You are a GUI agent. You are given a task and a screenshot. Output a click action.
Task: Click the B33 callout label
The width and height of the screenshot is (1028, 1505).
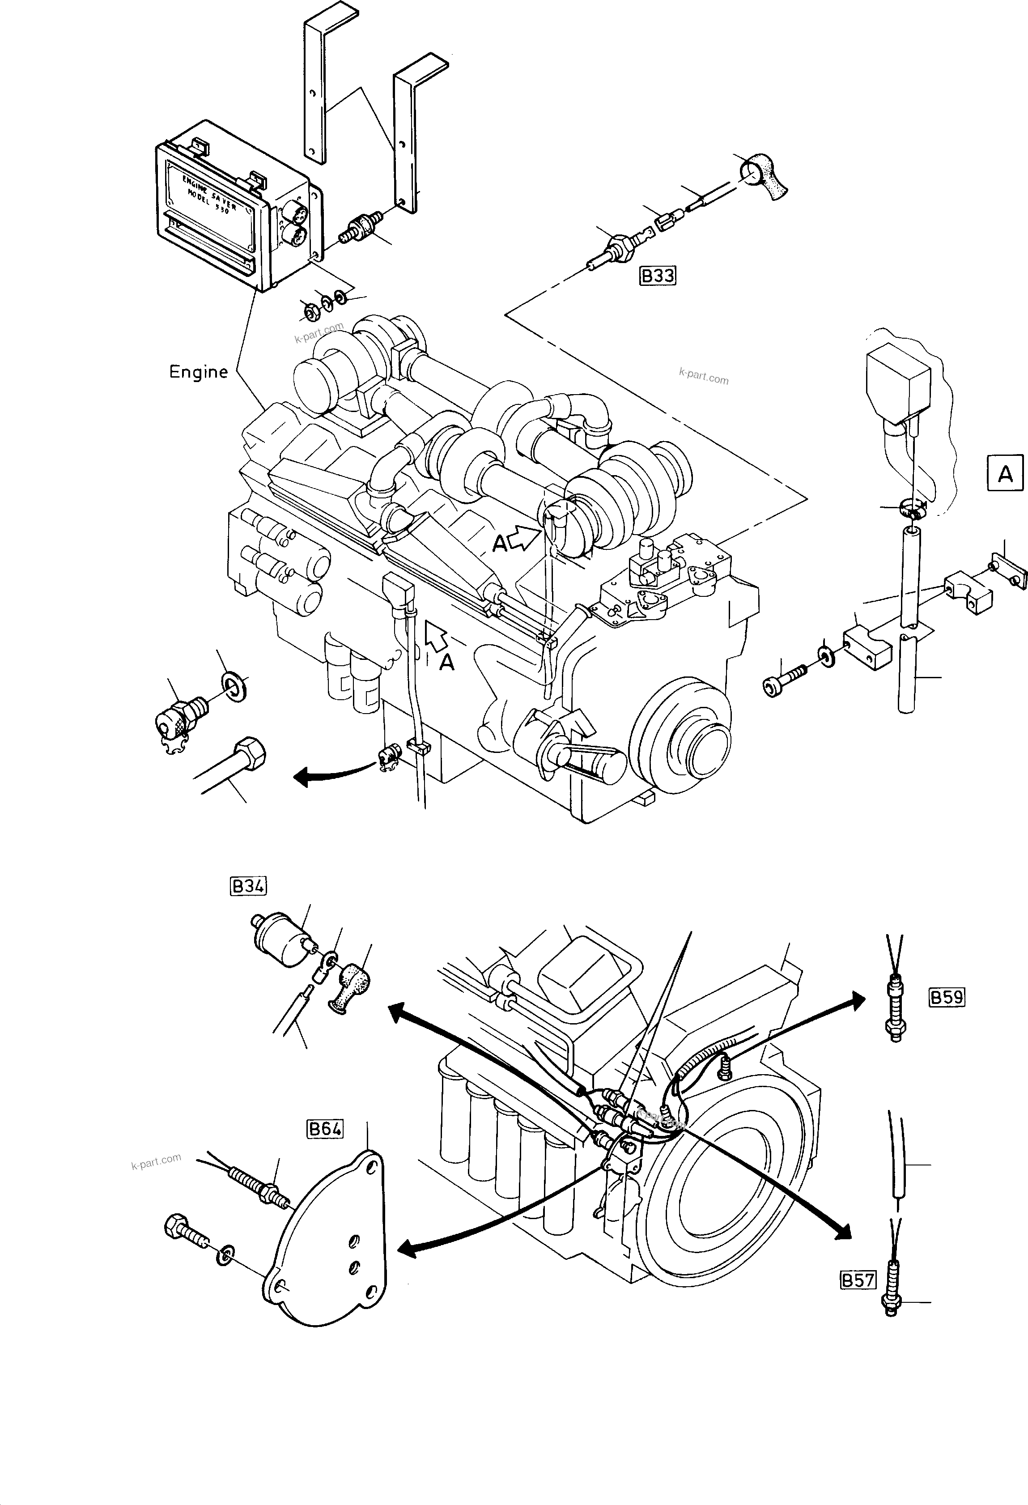[657, 276]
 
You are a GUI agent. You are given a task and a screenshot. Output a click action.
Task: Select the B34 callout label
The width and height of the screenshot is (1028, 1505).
[248, 886]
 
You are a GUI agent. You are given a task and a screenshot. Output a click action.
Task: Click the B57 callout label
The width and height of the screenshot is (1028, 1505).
[858, 1280]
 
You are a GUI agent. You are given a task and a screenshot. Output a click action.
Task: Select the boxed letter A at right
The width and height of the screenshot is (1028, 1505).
[1005, 475]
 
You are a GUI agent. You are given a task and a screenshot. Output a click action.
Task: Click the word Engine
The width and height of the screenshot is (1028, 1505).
[198, 372]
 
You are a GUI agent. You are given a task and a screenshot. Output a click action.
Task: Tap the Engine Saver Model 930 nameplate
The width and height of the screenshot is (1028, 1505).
[210, 194]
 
